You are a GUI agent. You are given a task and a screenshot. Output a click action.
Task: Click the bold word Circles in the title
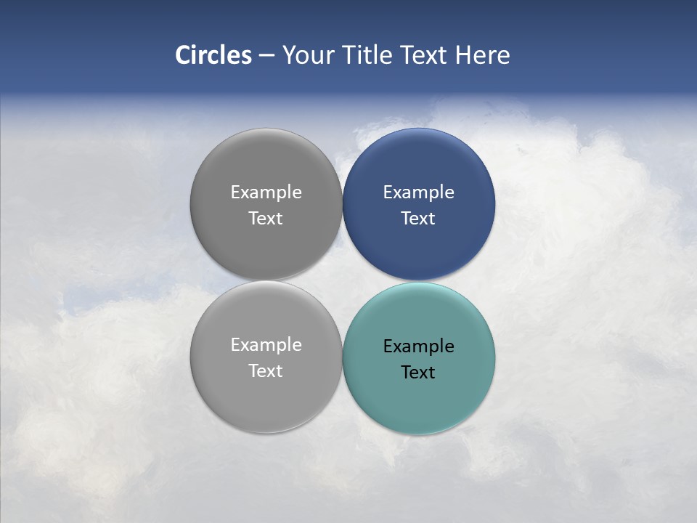coord(213,55)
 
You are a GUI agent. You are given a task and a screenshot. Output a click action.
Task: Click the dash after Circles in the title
coord(266,56)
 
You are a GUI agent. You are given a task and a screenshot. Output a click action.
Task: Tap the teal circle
coord(418,400)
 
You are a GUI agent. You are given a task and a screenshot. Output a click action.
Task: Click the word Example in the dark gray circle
coord(266,192)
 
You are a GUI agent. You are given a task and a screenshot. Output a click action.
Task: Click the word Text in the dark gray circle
coord(266,218)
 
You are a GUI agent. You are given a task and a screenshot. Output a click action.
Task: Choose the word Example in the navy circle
coord(418,192)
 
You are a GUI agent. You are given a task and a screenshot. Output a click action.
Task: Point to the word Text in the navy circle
coord(418,218)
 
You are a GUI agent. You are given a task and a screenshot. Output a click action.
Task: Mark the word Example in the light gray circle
coord(266,344)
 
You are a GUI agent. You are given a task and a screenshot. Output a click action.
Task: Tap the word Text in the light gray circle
coord(266,370)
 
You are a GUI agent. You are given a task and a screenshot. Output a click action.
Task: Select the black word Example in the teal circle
coord(418,346)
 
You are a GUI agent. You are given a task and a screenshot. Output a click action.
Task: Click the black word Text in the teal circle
coord(418,372)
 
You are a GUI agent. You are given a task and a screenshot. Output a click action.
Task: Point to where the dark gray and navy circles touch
coord(342,204)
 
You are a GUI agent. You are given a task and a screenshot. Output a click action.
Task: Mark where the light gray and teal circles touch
coord(342,357)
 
